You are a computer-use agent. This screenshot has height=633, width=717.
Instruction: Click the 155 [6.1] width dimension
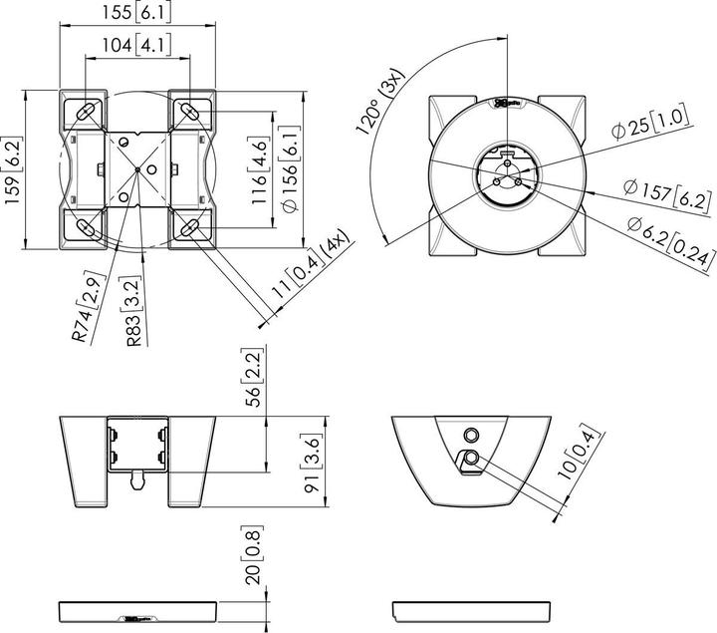click(x=138, y=11)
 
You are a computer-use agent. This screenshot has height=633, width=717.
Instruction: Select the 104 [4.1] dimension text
click(x=138, y=45)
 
